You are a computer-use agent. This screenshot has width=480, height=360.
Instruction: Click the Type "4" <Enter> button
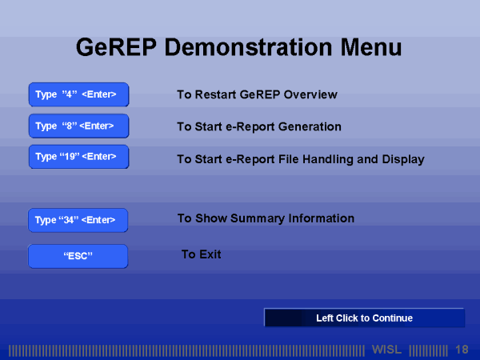[78, 95]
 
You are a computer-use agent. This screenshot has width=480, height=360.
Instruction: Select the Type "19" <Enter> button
[78, 157]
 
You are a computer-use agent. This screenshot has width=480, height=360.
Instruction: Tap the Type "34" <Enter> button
[78, 220]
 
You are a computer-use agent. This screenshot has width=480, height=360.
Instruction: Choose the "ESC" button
[78, 257]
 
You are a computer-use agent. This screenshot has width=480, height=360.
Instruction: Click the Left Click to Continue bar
[364, 318]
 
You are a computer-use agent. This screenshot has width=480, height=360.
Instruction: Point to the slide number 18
[462, 350]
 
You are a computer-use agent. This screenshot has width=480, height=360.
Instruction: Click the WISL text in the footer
[387, 350]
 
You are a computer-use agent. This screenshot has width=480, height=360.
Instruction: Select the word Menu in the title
[364, 46]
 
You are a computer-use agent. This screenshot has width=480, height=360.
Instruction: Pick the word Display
[402, 159]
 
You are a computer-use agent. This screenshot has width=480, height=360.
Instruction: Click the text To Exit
[202, 254]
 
